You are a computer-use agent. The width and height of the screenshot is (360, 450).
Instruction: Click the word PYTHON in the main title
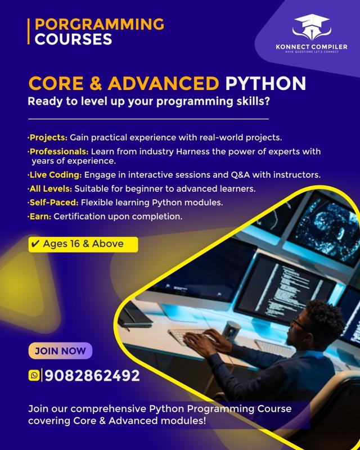(265, 83)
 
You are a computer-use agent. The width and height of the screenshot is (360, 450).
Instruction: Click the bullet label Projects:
(48, 138)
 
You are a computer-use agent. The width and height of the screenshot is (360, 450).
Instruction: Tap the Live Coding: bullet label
(55, 175)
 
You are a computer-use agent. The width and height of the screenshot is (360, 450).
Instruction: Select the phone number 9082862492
(92, 375)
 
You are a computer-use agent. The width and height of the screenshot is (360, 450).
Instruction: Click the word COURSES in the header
(73, 39)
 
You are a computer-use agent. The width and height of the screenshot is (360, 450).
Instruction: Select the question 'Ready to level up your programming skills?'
(142, 102)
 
